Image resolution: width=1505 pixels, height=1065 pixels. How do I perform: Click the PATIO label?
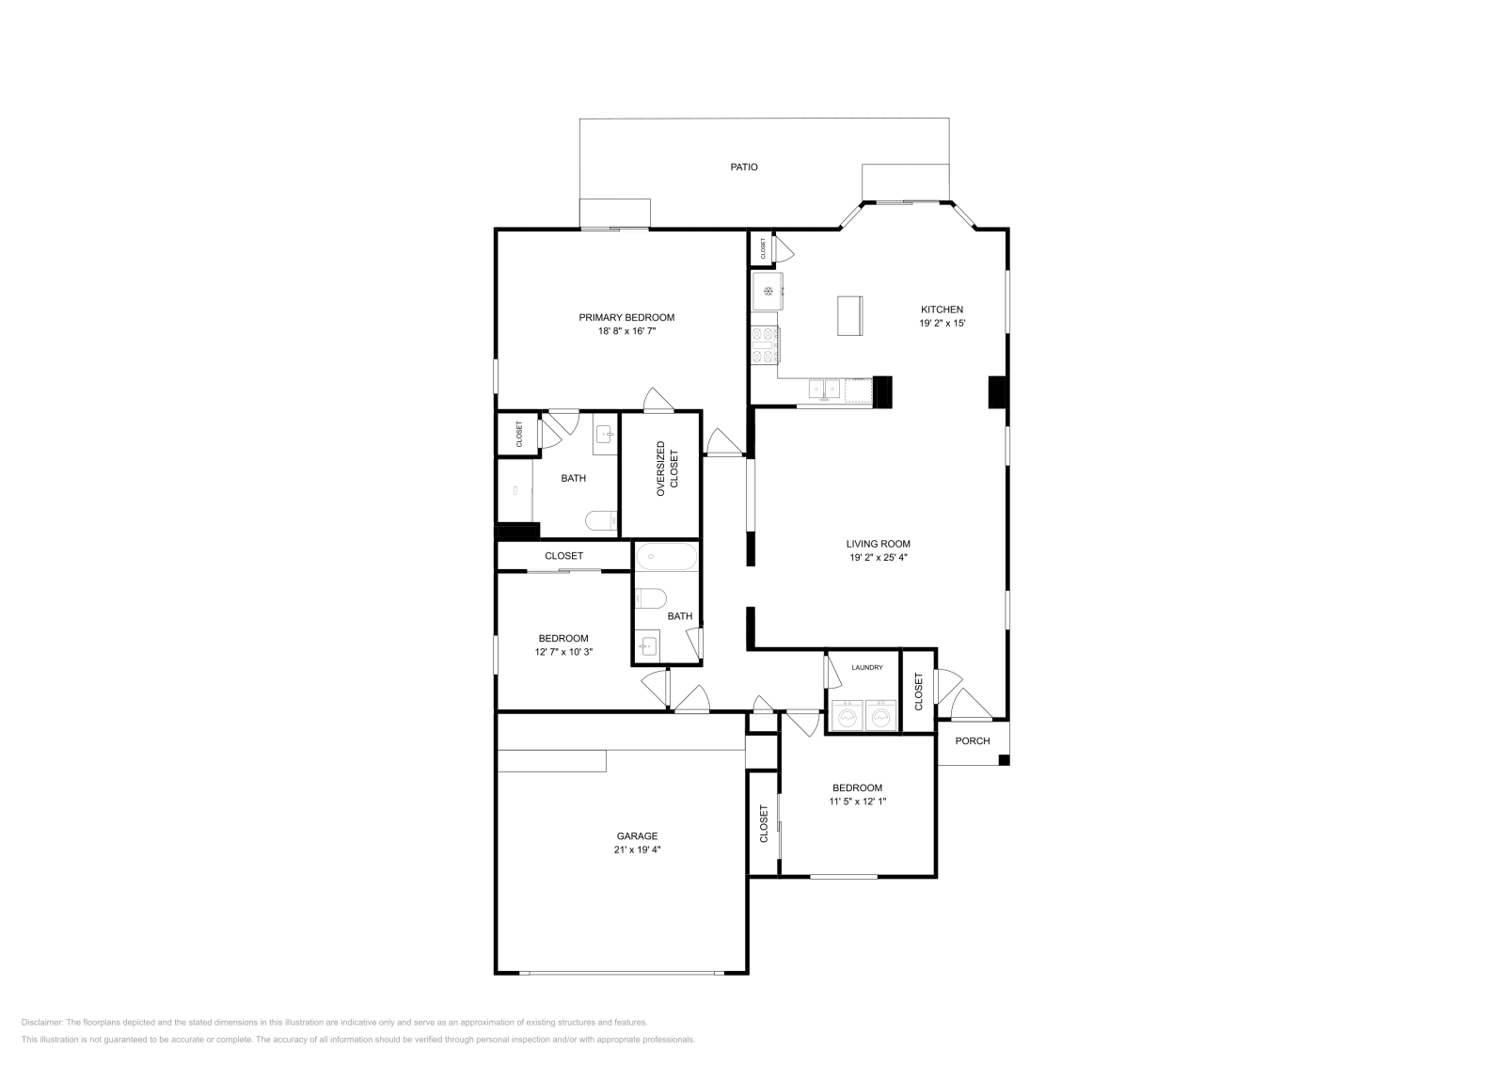744,167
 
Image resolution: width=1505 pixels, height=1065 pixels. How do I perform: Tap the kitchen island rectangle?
850,315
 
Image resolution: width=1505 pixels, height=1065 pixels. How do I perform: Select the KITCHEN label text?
942,310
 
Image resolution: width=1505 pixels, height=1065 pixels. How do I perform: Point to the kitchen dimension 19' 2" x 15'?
942,324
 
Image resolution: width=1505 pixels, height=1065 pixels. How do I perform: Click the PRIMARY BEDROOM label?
626,318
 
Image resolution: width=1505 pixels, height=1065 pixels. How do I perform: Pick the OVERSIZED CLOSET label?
667,469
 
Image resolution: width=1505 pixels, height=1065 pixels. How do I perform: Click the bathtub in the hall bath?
667,556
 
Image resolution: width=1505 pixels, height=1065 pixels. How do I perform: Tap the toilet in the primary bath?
601,521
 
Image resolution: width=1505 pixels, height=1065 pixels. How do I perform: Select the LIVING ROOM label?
879,544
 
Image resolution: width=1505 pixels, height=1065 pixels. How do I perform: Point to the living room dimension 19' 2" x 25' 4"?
879,557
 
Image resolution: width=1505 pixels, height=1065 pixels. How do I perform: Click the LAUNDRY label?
866,667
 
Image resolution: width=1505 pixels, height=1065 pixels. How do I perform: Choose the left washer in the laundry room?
848,716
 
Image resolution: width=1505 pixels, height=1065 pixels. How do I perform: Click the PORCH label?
973,740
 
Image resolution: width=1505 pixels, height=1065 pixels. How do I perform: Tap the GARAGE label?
637,835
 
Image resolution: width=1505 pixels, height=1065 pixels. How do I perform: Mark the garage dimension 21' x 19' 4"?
637,850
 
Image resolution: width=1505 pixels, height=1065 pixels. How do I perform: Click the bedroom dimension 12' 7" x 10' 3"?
563,652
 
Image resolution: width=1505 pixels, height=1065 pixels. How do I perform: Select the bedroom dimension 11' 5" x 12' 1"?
857,801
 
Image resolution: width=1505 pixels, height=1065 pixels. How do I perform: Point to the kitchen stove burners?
765,344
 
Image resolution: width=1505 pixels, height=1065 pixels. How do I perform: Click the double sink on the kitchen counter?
824,389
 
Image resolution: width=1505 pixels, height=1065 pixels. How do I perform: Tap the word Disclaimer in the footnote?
41,1023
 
